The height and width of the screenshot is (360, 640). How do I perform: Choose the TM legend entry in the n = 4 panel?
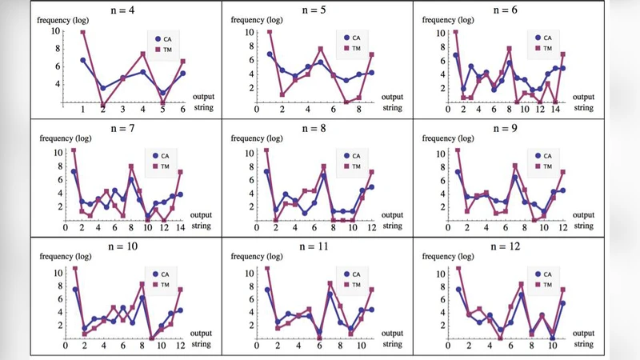162,49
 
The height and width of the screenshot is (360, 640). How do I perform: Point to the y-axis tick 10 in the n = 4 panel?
55,32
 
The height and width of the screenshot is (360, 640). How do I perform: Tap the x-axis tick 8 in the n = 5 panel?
358,109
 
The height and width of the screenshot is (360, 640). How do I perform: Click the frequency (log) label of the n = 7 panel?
65,141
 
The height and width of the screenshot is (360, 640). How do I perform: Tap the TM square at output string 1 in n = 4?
82,32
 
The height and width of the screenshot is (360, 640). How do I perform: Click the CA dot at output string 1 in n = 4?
82,60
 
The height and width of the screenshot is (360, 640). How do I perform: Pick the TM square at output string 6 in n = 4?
183,62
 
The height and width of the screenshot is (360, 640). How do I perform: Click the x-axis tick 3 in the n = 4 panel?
123,110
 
